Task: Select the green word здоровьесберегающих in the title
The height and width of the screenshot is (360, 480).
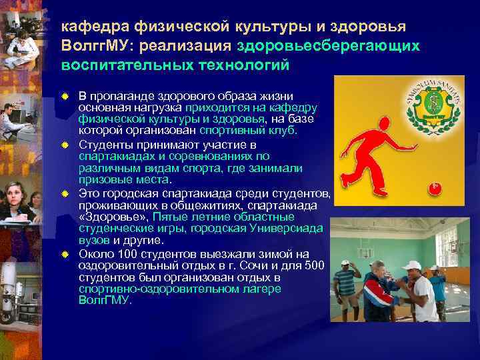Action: coord(326,47)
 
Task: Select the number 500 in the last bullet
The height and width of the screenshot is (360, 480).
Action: coord(315,266)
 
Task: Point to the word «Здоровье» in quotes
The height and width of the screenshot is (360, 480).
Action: coord(113,217)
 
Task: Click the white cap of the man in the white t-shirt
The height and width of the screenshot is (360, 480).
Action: coord(413,265)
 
